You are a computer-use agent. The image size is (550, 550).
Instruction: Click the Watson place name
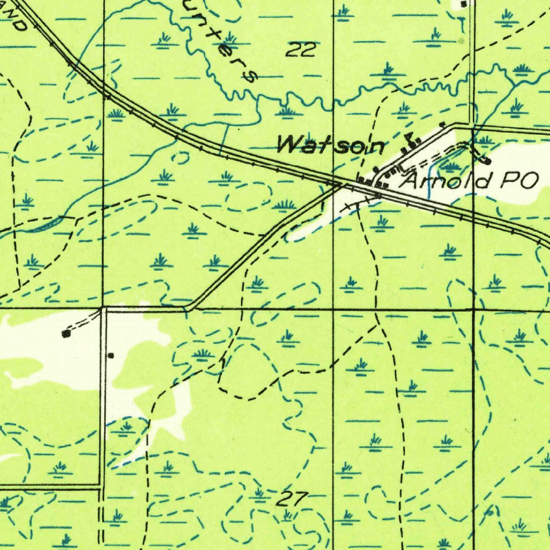(x=331, y=145)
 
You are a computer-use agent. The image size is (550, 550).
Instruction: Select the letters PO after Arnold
(x=518, y=180)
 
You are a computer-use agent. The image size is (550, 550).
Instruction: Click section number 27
(x=292, y=499)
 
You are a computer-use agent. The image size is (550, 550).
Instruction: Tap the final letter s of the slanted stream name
(x=249, y=75)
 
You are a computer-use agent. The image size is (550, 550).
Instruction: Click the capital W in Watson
(x=290, y=144)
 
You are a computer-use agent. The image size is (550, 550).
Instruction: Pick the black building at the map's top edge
(x=465, y=4)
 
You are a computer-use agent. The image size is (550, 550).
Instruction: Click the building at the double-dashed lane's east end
(x=487, y=160)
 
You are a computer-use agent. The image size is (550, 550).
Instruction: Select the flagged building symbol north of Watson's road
(x=413, y=141)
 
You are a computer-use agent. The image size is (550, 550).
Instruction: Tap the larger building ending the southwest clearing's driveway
(x=66, y=334)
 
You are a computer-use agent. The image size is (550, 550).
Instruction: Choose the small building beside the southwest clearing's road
(x=111, y=355)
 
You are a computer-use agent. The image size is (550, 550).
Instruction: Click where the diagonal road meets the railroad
(x=340, y=186)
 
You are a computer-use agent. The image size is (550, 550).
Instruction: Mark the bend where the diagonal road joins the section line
(x=189, y=308)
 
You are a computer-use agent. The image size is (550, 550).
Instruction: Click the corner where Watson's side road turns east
(x=455, y=125)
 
